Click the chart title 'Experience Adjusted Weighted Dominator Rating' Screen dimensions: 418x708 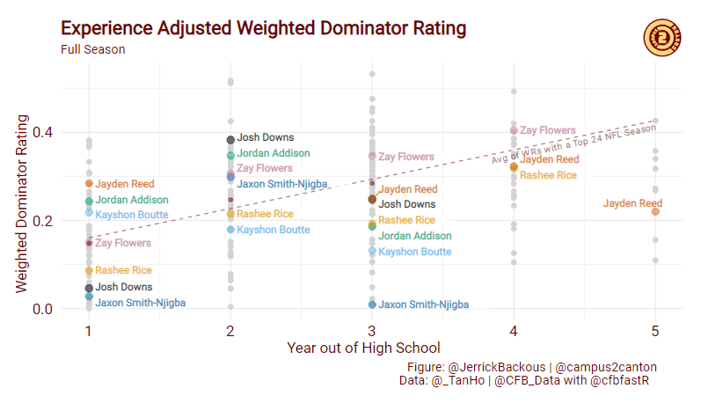point(263,29)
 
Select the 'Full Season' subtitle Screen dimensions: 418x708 point(93,50)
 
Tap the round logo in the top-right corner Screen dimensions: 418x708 point(661,36)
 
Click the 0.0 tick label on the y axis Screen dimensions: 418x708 point(41,309)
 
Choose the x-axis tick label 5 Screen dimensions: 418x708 point(655,331)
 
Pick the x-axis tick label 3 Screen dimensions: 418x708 point(372,331)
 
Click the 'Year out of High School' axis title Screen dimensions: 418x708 point(363,348)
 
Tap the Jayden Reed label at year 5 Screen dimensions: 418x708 point(631,203)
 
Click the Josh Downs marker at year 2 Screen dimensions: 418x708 point(230,140)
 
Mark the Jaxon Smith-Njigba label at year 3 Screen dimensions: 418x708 point(423,304)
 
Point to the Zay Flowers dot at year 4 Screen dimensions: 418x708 point(515,131)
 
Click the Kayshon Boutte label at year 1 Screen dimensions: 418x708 point(131,215)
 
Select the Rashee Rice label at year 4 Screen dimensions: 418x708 point(548,175)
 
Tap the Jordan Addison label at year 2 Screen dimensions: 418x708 point(274,153)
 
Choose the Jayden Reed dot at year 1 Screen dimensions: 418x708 point(89,184)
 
